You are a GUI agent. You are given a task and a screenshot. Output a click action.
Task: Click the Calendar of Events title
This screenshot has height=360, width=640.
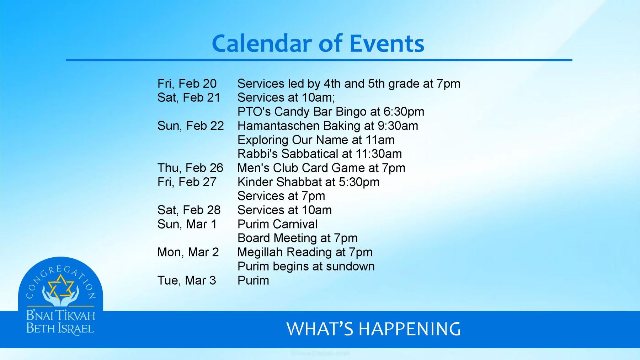click(318, 43)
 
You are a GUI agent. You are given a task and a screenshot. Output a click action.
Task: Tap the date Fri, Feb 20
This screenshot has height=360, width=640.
click(187, 84)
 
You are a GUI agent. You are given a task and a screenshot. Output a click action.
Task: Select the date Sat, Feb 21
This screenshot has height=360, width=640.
click(189, 97)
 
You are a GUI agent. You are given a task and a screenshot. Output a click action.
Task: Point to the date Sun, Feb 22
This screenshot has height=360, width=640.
click(191, 126)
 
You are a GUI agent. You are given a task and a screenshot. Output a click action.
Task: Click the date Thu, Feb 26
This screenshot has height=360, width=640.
click(190, 168)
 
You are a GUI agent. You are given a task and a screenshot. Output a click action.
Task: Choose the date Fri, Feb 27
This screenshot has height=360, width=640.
click(187, 182)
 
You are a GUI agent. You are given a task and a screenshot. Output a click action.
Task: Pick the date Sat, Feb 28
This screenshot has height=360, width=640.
click(189, 210)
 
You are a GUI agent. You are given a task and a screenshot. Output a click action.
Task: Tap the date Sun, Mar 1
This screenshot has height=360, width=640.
click(187, 224)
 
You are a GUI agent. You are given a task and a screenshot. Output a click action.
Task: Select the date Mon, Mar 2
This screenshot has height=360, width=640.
click(188, 252)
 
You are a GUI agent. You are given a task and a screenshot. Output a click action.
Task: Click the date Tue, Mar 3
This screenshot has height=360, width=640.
click(187, 280)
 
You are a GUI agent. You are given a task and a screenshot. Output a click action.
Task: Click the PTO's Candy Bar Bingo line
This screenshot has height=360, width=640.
click(331, 112)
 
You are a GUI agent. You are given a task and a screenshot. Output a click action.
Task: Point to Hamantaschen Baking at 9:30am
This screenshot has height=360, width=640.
click(327, 126)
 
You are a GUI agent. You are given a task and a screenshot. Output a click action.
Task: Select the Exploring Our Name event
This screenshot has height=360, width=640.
click(316, 140)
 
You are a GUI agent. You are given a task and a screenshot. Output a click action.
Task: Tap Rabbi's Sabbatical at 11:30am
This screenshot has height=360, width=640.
click(319, 154)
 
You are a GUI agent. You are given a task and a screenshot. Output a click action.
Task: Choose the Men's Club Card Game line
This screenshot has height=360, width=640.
click(321, 168)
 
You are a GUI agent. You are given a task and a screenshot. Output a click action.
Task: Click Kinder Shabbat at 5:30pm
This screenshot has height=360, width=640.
click(308, 182)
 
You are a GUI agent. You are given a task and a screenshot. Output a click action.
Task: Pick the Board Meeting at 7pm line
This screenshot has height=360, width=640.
click(297, 238)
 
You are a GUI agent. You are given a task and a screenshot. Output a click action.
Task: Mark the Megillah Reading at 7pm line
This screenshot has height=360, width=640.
click(305, 252)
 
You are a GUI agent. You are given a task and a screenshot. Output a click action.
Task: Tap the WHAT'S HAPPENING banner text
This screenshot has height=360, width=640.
click(373, 329)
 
